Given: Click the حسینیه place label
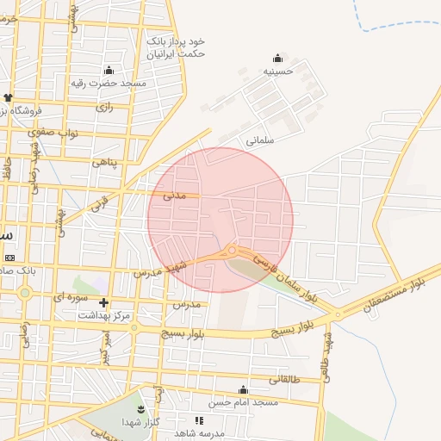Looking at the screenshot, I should pos(278,71).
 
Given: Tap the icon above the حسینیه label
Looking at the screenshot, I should pos(277,58).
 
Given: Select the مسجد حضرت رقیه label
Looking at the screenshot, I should pos(121,83).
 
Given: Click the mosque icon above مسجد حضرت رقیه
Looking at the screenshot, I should pos(109,70).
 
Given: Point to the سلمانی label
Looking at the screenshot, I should pos(260,140).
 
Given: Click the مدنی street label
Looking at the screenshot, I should pos(176,196).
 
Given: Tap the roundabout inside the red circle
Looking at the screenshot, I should pos(231,251).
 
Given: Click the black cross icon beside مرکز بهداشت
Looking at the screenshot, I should pos(104,302).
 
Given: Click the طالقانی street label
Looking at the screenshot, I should pos(285,380).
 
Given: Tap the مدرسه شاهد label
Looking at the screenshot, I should pos(198,433).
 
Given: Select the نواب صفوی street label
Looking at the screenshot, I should pos(53,133).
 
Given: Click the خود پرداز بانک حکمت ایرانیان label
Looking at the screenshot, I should pos(176,47).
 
